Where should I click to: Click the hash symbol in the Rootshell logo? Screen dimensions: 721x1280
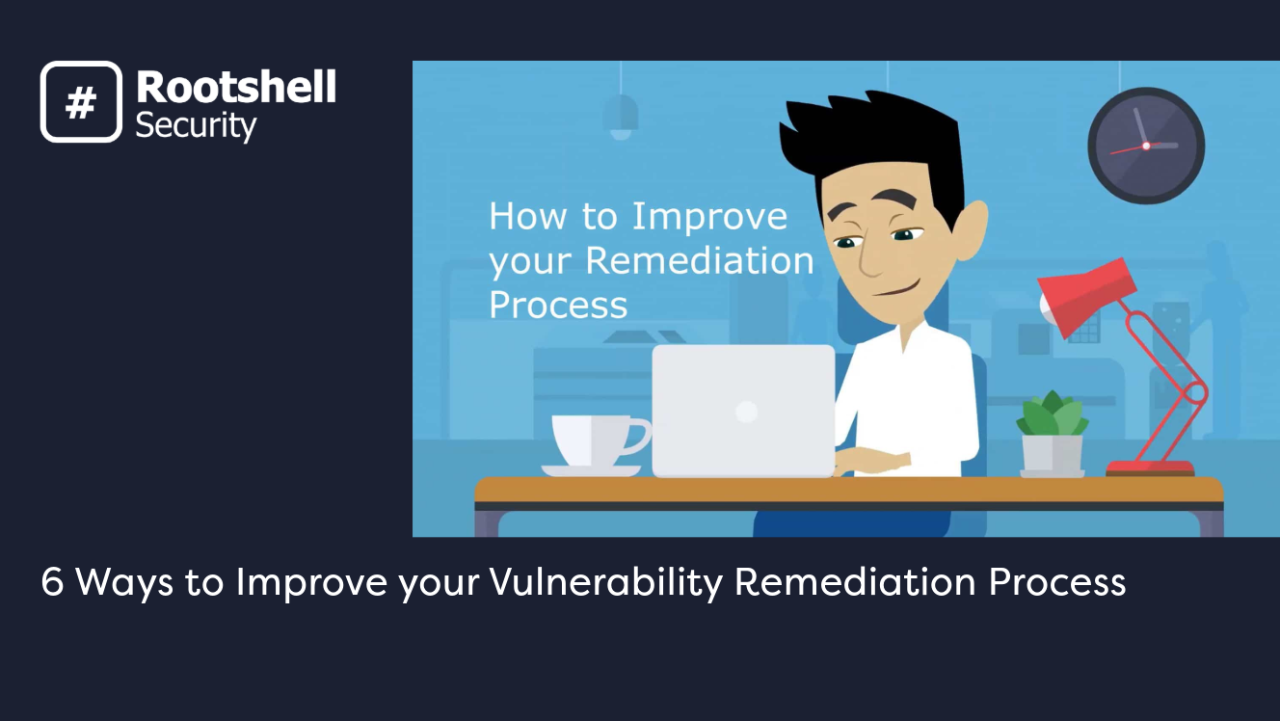point(81,102)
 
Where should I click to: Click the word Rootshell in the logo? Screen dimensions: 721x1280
point(236,88)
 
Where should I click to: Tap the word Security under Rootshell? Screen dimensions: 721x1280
point(196,125)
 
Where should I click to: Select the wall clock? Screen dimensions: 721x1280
point(1146,146)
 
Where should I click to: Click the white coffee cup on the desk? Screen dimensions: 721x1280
point(594,442)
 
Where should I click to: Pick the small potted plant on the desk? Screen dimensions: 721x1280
point(1053,435)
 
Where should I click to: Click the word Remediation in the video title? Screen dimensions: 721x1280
point(699,260)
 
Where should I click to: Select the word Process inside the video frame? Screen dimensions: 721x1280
point(558,305)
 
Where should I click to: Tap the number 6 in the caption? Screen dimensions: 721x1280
point(52,582)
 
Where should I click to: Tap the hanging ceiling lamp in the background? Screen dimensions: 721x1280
point(621,114)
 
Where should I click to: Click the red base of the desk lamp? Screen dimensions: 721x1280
point(1150,468)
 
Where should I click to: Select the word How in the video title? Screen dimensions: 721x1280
point(527,216)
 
